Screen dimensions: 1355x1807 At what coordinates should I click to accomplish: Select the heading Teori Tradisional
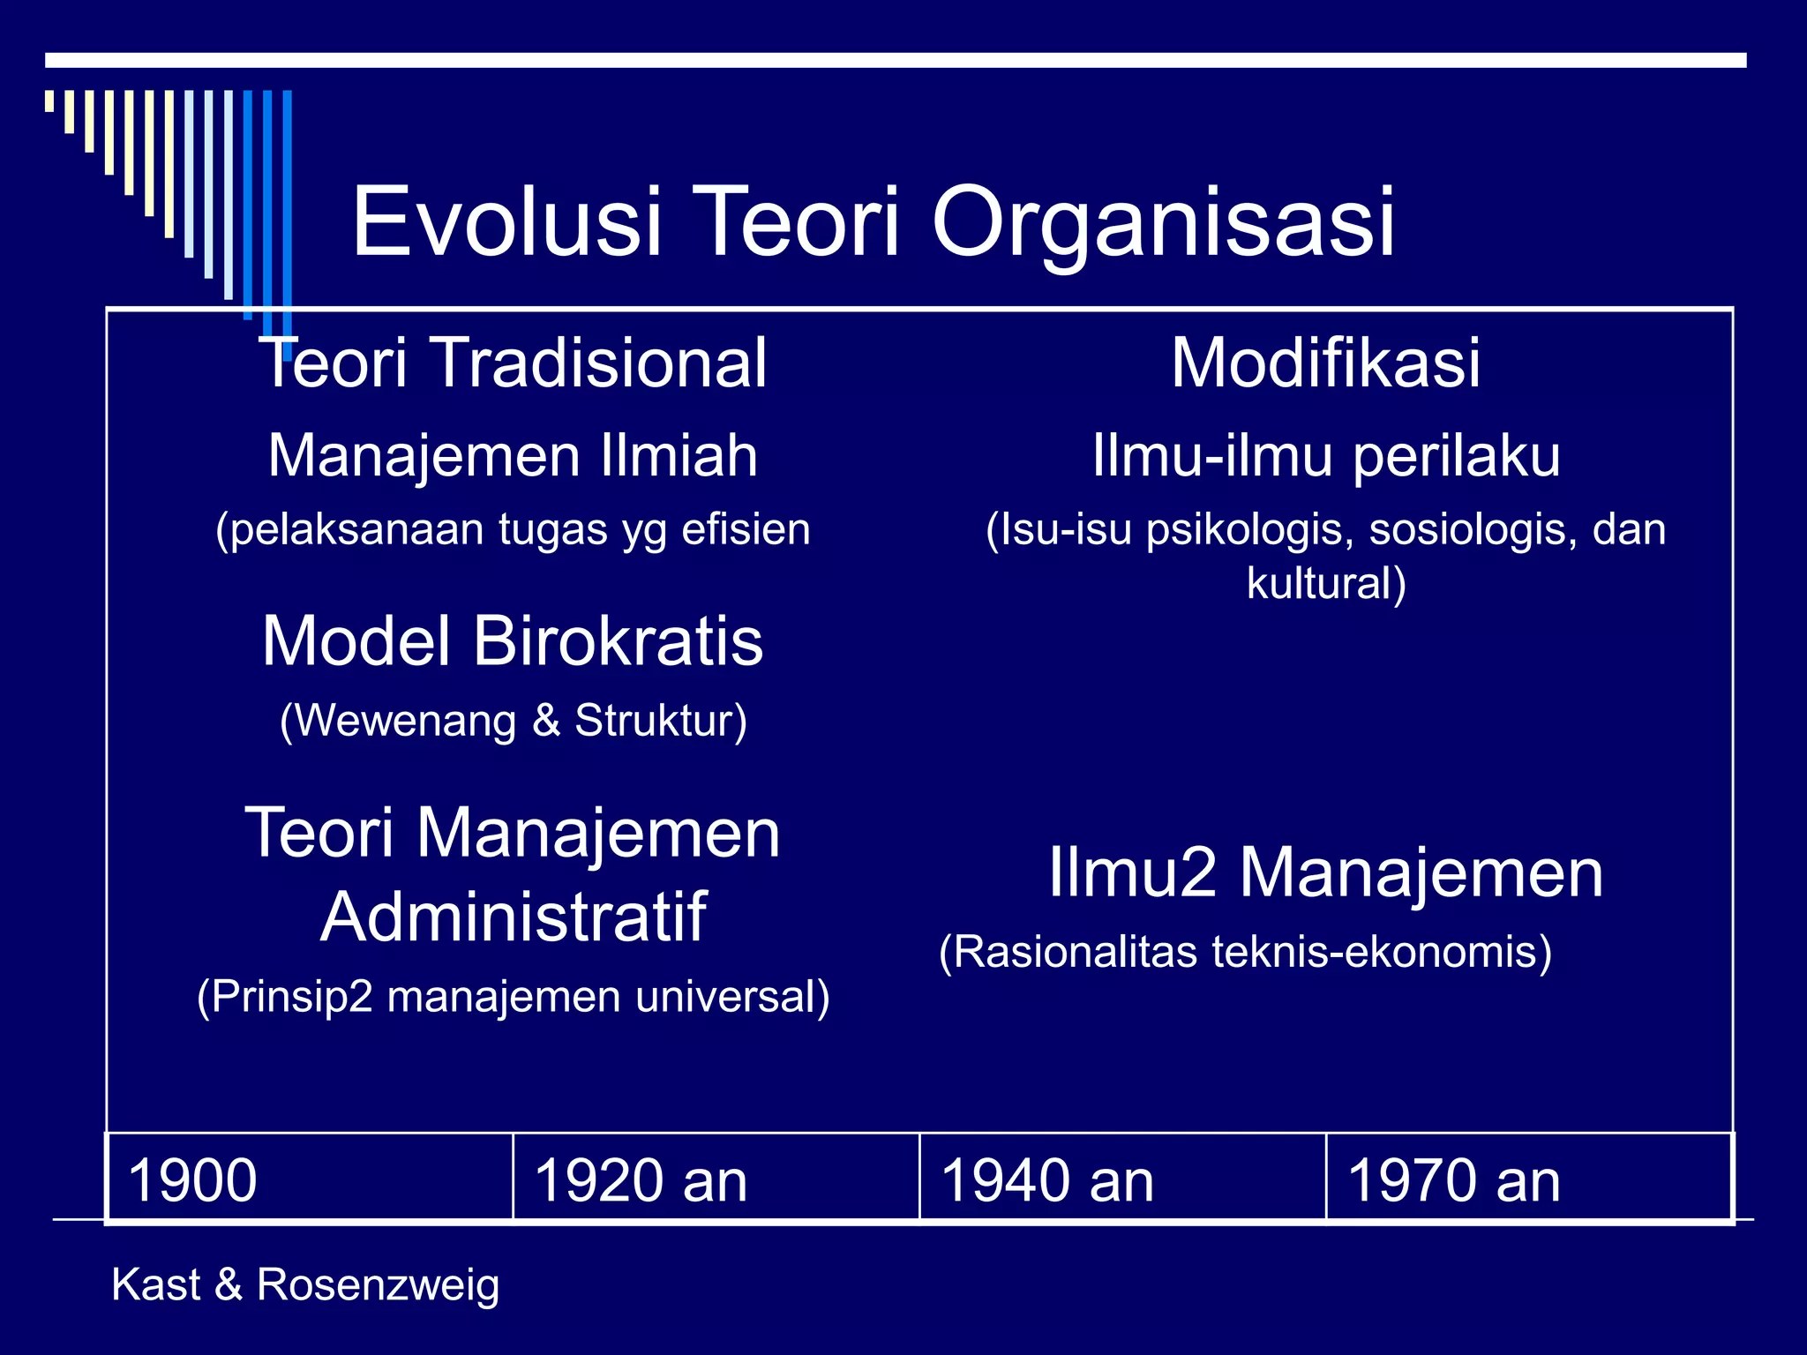[513, 363]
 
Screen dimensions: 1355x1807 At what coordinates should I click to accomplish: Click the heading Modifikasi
[1325, 363]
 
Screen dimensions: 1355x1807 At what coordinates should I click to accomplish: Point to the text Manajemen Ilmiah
[513, 456]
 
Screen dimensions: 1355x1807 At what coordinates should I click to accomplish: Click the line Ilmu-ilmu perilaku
[1326, 456]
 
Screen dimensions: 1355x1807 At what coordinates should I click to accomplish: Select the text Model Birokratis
[513, 641]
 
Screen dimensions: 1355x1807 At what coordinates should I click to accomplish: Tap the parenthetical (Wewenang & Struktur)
[513, 721]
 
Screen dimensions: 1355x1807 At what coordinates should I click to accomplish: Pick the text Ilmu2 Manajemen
[1325, 873]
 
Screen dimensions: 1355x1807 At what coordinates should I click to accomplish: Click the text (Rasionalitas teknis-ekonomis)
[1245, 952]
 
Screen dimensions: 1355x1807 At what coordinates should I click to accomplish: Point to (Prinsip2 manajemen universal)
[513, 997]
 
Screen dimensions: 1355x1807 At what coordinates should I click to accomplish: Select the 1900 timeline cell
[309, 1179]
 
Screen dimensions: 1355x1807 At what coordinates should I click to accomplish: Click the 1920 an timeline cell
[716, 1179]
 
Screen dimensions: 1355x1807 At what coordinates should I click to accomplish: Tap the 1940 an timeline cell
[1122, 1179]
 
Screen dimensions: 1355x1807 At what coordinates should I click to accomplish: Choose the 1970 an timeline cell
[1528, 1179]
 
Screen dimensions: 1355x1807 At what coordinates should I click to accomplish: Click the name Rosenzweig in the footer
[378, 1284]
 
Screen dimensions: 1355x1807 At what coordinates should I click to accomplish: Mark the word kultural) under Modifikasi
[1325, 583]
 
